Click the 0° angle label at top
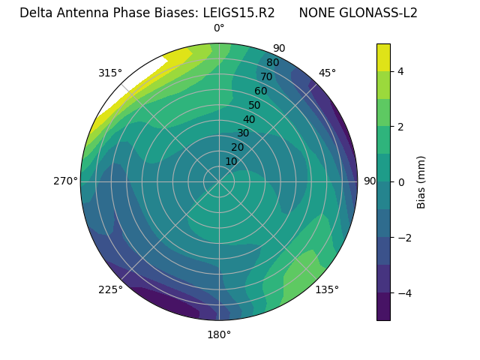pos(219,28)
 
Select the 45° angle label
pos(327,73)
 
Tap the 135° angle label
pos(327,289)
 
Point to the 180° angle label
pos(219,334)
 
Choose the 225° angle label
pos(110,289)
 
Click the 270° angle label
pos(66,181)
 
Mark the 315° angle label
pos(110,73)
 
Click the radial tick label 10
pos(231,161)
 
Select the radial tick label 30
pos(243,133)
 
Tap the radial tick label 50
pos(254,106)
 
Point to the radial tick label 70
pos(266,77)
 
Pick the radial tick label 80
pos(272,63)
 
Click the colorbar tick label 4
pos(401,71)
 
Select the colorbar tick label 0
pos(401,181)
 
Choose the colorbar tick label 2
pos(401,127)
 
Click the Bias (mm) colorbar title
pos(421,181)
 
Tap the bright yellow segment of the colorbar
pos(383,57)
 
